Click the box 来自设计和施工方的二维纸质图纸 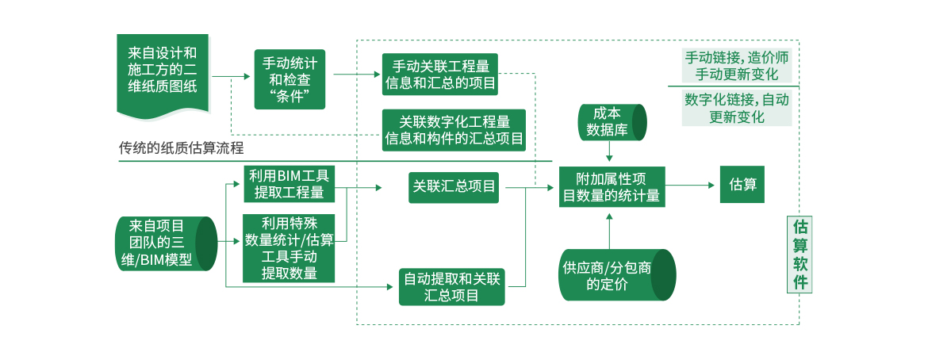tap(163, 71)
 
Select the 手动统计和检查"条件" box tap(289, 79)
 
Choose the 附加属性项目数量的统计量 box tap(610, 186)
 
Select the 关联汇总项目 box tap(454, 187)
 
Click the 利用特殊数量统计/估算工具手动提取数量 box tap(289, 248)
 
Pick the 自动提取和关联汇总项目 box tap(451, 287)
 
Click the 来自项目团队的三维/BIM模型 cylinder tap(165, 243)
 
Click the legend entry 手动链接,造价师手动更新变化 tap(736, 67)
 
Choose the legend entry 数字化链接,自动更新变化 tap(736, 108)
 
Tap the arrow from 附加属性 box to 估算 tap(690, 186)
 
